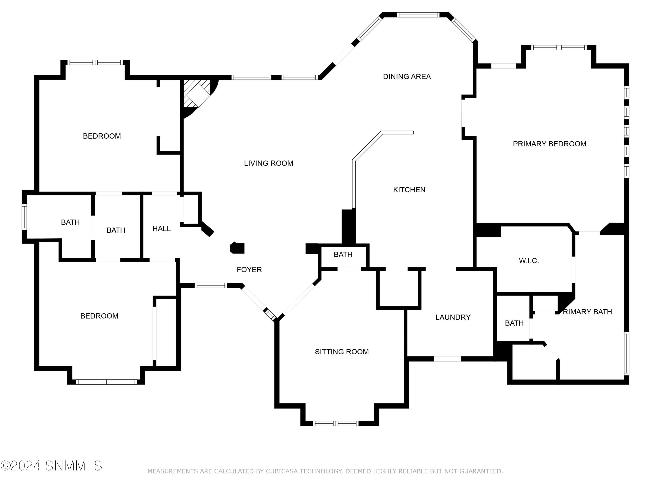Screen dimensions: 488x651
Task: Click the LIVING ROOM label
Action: coord(268,163)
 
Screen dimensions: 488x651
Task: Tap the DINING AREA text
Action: coord(407,77)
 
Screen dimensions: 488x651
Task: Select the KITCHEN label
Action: coord(409,190)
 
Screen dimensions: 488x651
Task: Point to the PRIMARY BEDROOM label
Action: coord(549,144)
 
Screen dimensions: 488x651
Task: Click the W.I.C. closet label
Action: coord(529,261)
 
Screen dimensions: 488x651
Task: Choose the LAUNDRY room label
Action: coord(453,317)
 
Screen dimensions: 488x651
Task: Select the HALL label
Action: coord(161,229)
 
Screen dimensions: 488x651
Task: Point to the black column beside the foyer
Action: coord(237,248)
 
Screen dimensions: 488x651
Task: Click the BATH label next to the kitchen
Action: coord(343,254)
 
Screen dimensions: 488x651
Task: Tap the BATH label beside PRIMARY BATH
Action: coord(514,323)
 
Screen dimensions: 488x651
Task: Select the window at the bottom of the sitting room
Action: coord(335,424)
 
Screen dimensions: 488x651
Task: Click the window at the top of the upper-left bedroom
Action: coord(95,62)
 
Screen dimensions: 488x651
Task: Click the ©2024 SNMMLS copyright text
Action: coord(51,466)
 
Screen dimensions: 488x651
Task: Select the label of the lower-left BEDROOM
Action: coord(99,316)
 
